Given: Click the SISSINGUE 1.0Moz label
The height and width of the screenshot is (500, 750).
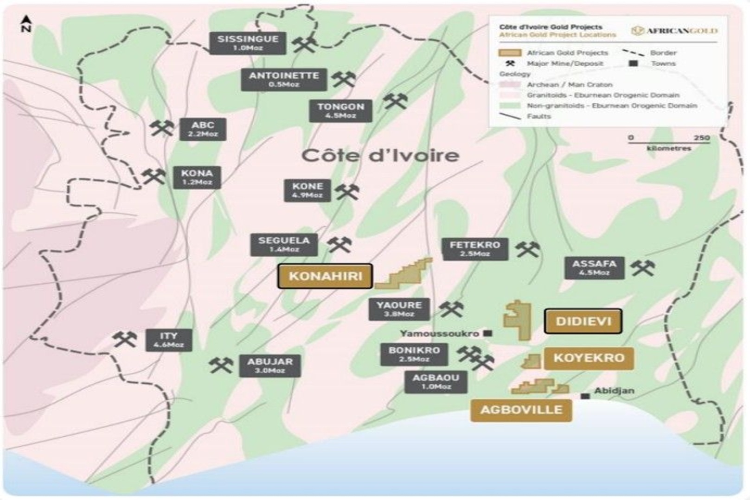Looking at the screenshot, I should tap(248, 43).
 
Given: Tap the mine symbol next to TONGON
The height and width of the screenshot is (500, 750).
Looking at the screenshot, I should tap(395, 101).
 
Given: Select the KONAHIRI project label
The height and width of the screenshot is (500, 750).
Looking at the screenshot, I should tap(325, 276).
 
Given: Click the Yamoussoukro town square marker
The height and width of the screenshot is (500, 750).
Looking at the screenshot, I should tap(487, 333).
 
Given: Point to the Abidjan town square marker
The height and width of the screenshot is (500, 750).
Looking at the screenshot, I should tap(585, 396).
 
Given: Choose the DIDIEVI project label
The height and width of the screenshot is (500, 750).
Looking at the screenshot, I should tap(583, 321).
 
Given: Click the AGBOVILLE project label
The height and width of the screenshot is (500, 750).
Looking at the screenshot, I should tap(521, 410).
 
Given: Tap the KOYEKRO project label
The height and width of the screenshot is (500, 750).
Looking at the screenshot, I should tap(589, 358).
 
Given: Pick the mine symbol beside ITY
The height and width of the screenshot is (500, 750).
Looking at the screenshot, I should tap(125, 340).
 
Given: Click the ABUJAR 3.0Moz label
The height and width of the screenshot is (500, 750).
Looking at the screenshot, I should tap(269, 366).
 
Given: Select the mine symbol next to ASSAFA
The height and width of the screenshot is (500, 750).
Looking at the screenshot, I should tap(643, 267).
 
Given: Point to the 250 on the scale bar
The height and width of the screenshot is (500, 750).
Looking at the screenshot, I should tap(702, 138).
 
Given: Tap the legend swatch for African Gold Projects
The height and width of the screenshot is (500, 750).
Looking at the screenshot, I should tap(510, 53).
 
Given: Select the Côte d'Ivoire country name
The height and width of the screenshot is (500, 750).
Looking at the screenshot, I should tap(380, 156).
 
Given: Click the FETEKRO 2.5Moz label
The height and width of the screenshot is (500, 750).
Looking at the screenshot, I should tap(474, 249).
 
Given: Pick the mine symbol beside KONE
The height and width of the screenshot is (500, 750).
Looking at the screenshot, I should tap(347, 191).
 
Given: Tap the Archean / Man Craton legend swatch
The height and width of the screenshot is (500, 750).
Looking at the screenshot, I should tap(510, 85).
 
